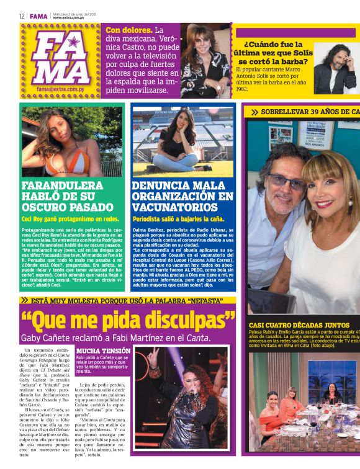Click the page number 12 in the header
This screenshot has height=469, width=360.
22,16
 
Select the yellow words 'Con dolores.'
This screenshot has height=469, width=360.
128,30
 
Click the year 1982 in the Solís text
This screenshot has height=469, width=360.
243,89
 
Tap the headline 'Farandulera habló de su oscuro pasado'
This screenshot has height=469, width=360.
63,196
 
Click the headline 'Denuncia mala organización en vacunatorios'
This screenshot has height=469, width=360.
182,196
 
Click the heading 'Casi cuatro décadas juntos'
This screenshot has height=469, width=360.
299,324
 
